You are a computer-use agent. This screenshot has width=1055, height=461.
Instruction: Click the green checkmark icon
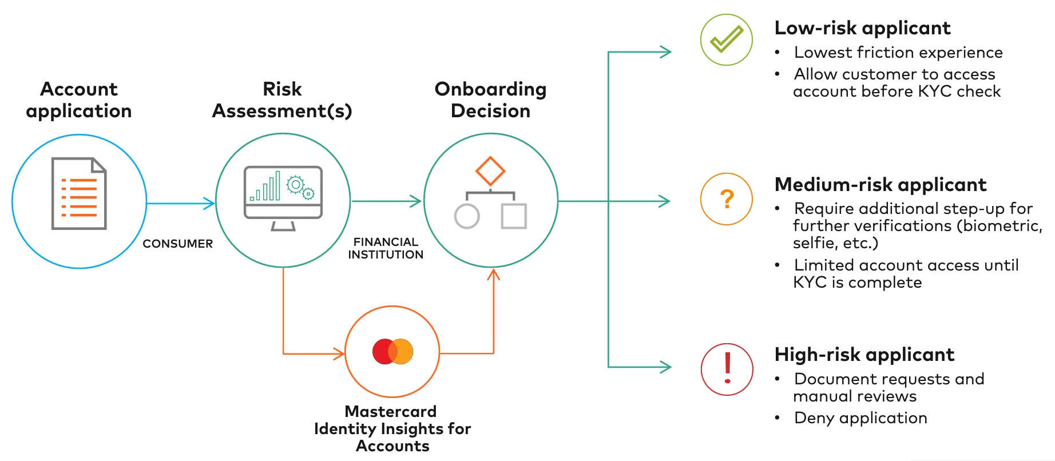[726, 39]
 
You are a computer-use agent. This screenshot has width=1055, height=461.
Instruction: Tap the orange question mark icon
[727, 199]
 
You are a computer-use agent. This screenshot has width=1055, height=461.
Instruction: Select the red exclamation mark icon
[727, 369]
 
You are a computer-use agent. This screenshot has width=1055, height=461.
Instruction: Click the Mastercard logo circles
[392, 351]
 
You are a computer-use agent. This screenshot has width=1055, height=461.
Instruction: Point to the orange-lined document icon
[79, 194]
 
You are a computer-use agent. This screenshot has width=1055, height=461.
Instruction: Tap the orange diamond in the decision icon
[490, 170]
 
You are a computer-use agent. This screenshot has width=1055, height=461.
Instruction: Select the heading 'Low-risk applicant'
[862, 28]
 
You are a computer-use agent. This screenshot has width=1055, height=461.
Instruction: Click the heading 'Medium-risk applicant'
[880, 185]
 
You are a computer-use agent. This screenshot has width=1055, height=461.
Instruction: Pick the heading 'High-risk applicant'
[864, 355]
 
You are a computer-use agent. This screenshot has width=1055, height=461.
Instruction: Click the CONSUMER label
[177, 244]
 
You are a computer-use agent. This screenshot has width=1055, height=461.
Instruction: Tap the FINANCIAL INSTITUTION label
[386, 248]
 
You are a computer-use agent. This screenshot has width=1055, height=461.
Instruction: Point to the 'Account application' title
[79, 100]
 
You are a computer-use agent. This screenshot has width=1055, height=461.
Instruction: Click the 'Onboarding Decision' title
[490, 100]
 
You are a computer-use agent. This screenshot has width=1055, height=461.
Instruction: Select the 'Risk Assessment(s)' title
[282, 100]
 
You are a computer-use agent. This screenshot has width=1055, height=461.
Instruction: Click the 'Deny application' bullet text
[860, 418]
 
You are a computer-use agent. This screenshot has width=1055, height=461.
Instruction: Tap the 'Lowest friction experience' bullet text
[898, 53]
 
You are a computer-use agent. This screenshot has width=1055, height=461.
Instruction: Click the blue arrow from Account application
[180, 202]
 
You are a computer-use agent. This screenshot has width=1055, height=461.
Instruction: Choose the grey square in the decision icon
[514, 216]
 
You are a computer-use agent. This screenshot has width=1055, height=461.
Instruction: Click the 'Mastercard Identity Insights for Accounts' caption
[392, 428]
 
